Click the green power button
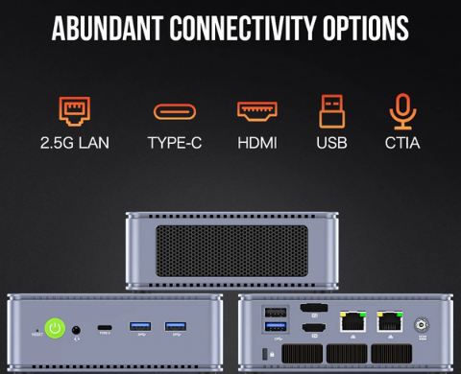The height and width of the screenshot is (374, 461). coord(56,329)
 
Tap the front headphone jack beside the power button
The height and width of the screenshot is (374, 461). coord(76,329)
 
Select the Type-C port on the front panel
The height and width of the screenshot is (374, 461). coord(106,329)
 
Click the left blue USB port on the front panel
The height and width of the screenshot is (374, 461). coord(139,328)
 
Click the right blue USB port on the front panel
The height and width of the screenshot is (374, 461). coord(175,328)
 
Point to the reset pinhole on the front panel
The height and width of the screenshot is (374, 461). coord(36,329)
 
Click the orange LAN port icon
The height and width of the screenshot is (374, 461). coord(75,112)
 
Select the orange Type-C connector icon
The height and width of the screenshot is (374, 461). coord(175,113)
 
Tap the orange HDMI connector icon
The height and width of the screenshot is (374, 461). coord(255,112)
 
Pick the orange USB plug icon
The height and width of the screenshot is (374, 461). coord(331,112)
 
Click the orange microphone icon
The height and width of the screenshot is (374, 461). coord(401,112)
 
